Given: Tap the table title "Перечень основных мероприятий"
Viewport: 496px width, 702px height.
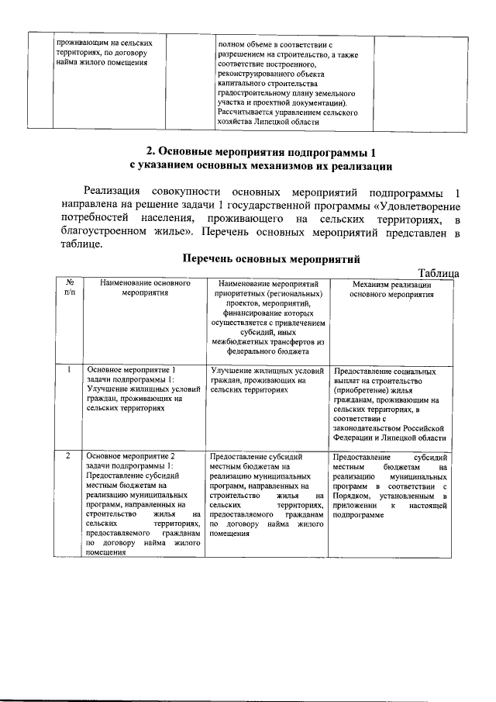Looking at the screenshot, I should tap(271, 259).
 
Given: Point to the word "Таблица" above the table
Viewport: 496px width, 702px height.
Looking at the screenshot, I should tap(439, 272).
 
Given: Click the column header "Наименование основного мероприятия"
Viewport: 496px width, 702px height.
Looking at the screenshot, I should tap(139, 289).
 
